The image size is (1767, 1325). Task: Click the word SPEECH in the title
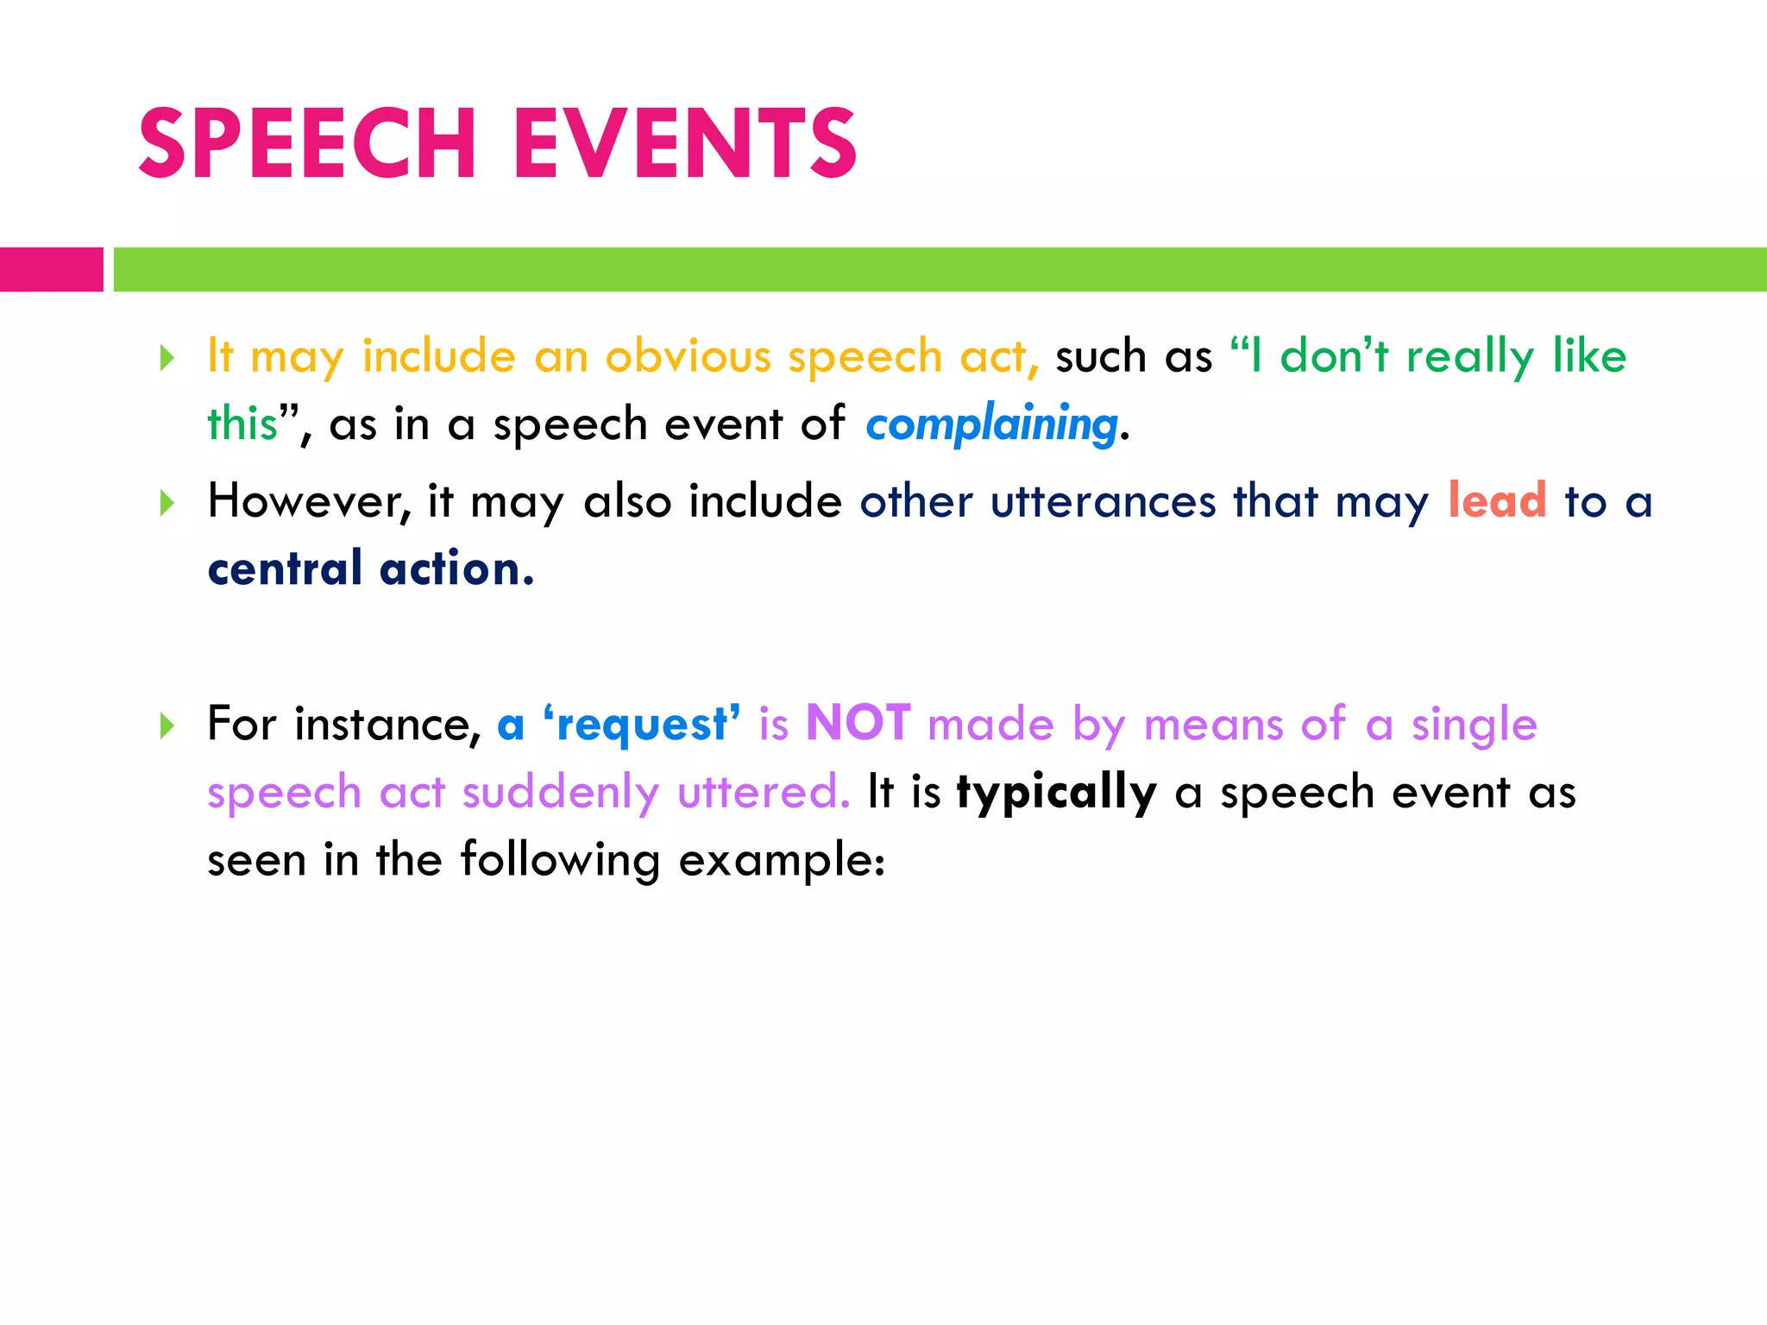[x=306, y=144]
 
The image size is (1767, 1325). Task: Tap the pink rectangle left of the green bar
[x=51, y=269]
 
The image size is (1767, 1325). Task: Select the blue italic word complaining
[x=991, y=424]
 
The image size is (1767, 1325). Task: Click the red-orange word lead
[x=1497, y=500]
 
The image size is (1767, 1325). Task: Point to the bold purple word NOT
[x=858, y=723]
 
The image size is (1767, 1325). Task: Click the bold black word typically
[x=1056, y=792]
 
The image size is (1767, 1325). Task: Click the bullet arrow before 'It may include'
[x=167, y=357]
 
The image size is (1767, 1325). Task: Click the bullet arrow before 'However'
[x=167, y=502]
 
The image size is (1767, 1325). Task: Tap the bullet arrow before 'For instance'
[x=167, y=725]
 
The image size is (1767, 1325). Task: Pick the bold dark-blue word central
[x=285, y=569]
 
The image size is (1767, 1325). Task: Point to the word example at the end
[x=781, y=861]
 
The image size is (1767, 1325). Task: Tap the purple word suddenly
[x=560, y=793]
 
